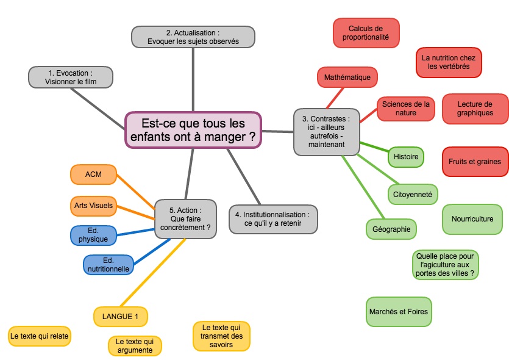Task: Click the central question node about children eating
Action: [193, 129]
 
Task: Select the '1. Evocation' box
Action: [71, 77]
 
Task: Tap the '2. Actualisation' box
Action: [193, 37]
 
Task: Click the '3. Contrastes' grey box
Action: [326, 132]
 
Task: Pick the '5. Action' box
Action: [185, 219]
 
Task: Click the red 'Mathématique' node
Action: [347, 77]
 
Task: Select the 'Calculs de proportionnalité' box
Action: [366, 33]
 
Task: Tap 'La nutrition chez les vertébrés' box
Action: [449, 62]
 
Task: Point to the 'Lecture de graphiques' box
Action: [475, 109]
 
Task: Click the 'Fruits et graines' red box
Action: [475, 162]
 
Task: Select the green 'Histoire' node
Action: [406, 157]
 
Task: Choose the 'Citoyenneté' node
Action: [412, 194]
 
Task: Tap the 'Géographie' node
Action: [391, 229]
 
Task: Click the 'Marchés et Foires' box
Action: [399, 312]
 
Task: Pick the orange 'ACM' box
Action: [93, 175]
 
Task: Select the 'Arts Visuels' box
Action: [93, 206]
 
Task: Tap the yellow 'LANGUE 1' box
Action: [120, 316]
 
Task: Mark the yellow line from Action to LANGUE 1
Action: [152, 273]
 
